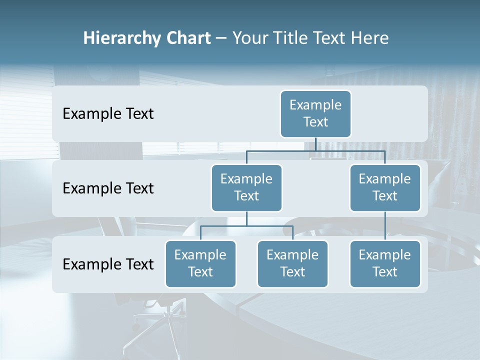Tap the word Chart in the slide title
coord(188,38)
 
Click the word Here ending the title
coord(370,38)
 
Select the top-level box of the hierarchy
coord(315,113)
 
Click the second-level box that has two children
coord(246,187)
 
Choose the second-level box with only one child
coord(384,187)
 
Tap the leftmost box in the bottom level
coord(200,263)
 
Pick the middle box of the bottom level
coord(292,263)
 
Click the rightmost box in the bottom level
coord(384,263)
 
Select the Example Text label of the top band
coord(108,113)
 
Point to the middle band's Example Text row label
coord(108,188)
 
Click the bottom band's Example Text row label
coord(108,264)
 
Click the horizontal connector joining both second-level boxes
coord(315,150)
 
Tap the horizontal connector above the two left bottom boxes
coord(246,226)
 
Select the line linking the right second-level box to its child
coord(384,226)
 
